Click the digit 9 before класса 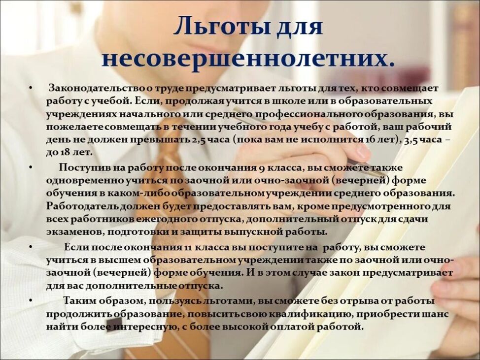point(260,168)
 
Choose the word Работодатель point(83,207)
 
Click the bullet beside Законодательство point(31,88)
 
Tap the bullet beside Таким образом point(31,301)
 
